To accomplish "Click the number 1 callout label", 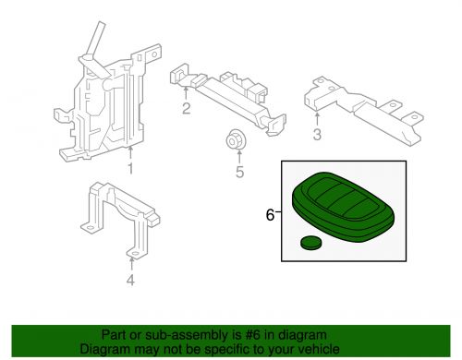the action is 130,169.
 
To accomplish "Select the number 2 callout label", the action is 186,109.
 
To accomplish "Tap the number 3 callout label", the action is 317,135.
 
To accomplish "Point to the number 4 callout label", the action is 130,281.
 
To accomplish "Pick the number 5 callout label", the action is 240,172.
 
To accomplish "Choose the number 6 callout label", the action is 270,215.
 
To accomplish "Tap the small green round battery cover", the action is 310,243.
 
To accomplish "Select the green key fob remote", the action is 343,207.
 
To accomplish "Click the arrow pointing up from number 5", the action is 239,156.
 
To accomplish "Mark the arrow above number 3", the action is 317,120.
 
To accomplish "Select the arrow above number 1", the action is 130,153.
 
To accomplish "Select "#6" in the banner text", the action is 252,335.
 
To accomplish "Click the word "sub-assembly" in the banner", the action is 187,335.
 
